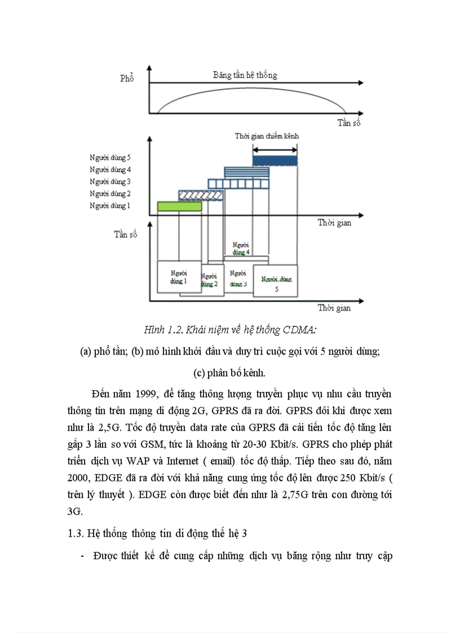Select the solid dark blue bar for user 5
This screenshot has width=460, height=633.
(x=275, y=161)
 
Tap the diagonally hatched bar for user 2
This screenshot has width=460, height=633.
(x=201, y=195)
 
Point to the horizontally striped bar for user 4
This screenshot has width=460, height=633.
(x=246, y=172)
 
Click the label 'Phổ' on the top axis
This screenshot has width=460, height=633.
(x=127, y=79)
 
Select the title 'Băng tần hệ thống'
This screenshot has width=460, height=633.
(x=245, y=75)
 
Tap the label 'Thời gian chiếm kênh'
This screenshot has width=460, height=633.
(x=267, y=136)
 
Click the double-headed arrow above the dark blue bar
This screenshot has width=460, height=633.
(x=275, y=149)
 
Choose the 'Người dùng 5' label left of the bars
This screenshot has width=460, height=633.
(x=110, y=158)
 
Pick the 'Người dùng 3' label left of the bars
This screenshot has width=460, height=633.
(x=110, y=182)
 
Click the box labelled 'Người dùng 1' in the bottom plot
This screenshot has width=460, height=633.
(x=179, y=276)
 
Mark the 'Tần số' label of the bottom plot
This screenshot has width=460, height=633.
(x=125, y=234)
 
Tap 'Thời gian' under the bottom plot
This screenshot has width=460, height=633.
(x=334, y=308)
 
